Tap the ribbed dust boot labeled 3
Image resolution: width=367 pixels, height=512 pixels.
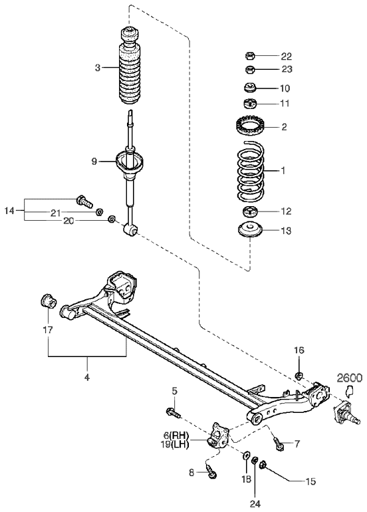coord(130,66)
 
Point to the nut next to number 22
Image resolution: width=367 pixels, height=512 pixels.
coord(250,56)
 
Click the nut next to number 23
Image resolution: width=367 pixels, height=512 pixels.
coord(250,69)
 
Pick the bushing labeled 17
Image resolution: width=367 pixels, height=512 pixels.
coord(49,301)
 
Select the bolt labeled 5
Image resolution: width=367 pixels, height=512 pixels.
coord(174,412)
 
